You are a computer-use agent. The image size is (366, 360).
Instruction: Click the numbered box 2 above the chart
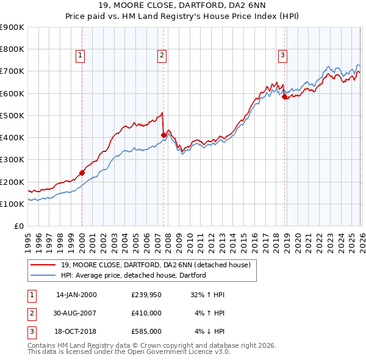click(x=162, y=56)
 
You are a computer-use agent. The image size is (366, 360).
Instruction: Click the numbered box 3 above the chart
click(x=283, y=56)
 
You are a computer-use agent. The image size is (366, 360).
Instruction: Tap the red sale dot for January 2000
click(x=82, y=173)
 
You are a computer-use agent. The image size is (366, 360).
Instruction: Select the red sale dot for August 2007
click(x=163, y=135)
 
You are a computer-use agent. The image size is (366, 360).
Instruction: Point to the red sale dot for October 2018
click(x=284, y=96)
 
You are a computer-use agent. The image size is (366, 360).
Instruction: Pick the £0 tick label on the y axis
click(x=18, y=226)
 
